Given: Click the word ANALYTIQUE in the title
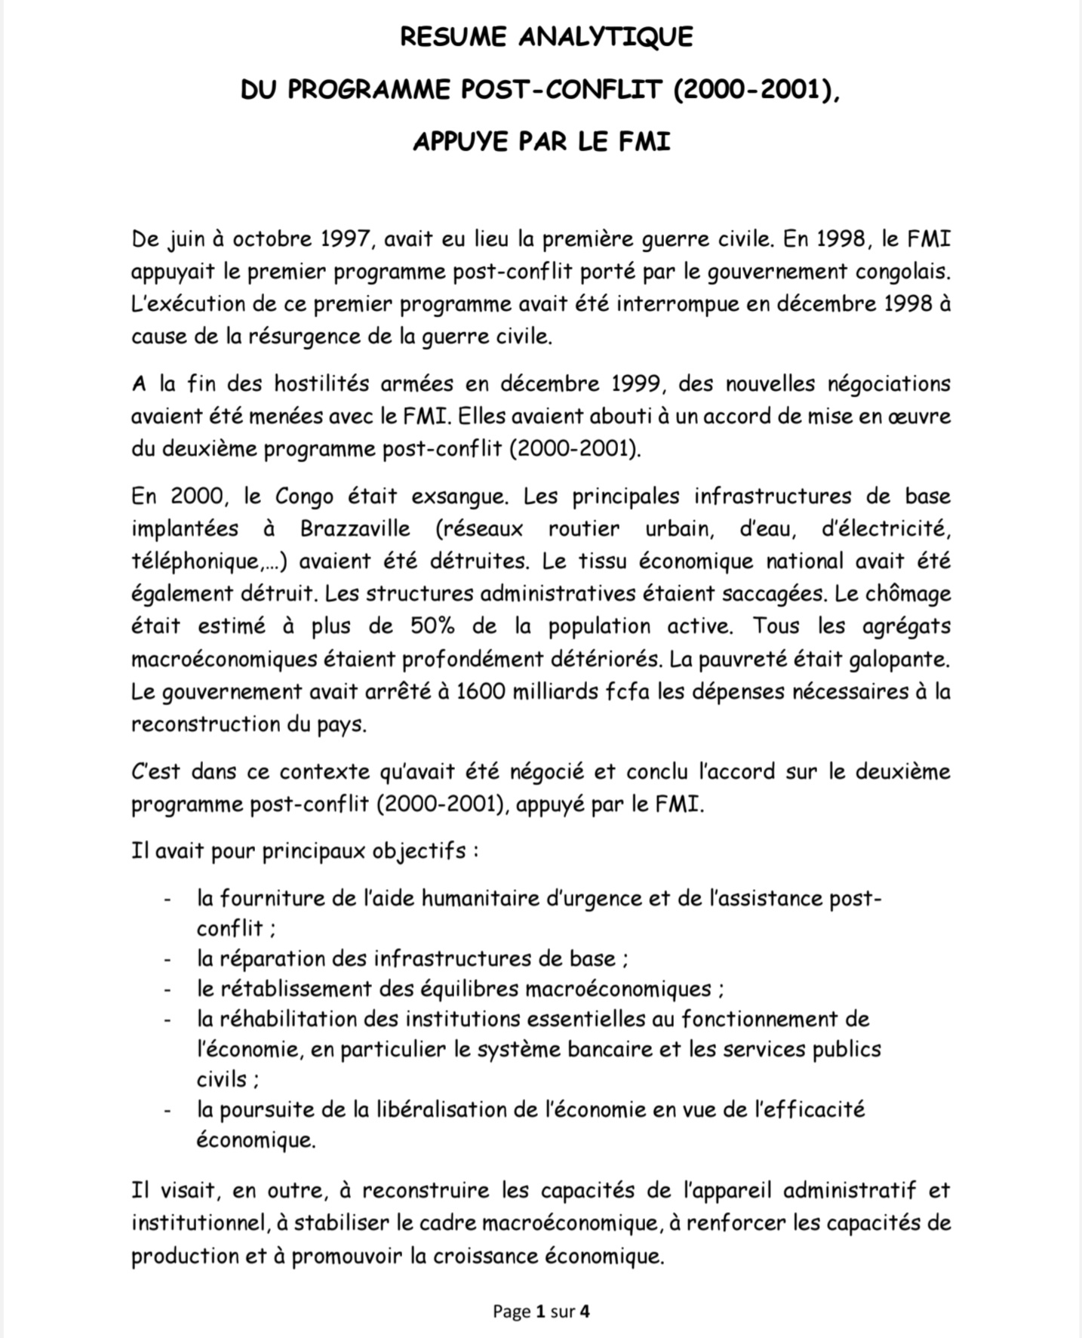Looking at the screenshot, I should pyautogui.click(x=605, y=37).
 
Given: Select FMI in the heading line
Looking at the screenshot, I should pyautogui.click(x=644, y=141).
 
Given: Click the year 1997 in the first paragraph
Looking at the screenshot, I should pyautogui.click(x=346, y=239).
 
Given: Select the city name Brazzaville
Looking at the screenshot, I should pyautogui.click(x=355, y=529).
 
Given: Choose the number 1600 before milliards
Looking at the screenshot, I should pyautogui.click(x=481, y=691).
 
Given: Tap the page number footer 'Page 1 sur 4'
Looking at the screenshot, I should pyautogui.click(x=541, y=1312).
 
